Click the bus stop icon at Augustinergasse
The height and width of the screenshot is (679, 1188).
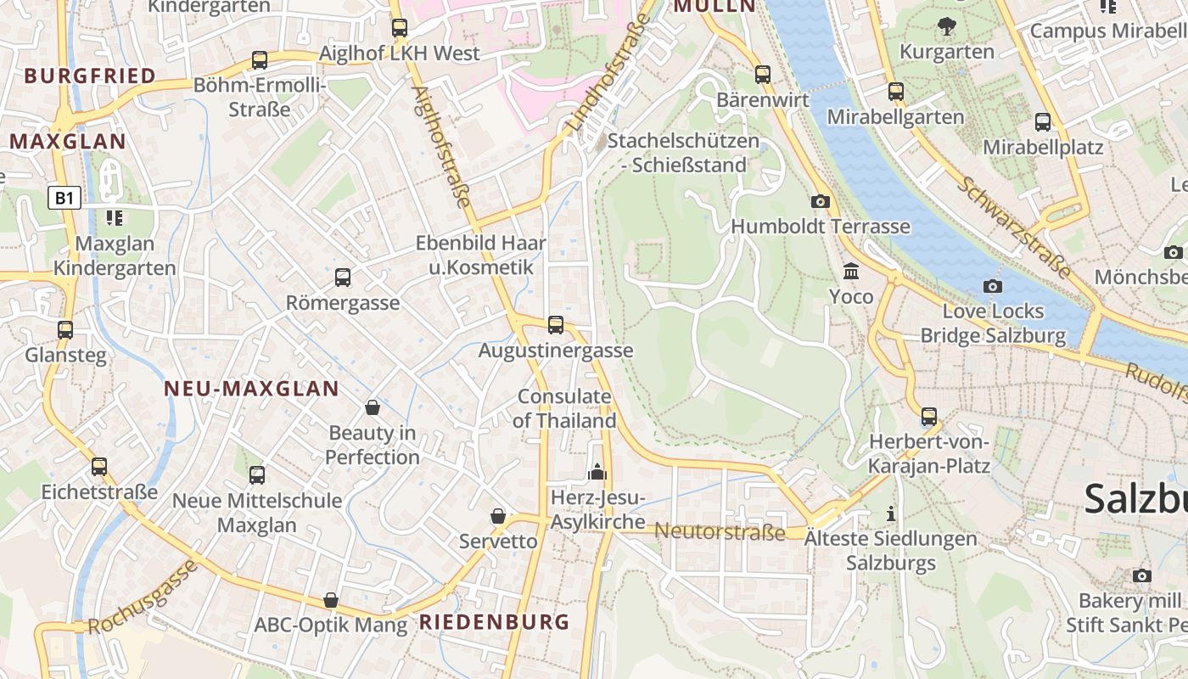(x=556, y=324)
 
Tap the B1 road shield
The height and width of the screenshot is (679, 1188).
(x=64, y=199)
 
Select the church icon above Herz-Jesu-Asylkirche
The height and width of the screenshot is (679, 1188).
(x=597, y=472)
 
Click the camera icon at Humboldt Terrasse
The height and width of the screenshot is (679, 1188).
(x=820, y=201)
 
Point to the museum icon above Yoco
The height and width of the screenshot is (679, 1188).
(x=850, y=272)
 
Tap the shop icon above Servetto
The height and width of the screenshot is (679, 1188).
(x=498, y=516)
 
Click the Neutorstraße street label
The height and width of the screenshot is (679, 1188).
(x=720, y=532)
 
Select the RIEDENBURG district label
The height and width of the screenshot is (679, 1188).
(x=495, y=622)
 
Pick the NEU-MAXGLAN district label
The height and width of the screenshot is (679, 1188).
(x=251, y=389)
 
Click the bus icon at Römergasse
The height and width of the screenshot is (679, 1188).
(x=343, y=277)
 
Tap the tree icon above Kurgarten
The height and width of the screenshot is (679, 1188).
(x=946, y=26)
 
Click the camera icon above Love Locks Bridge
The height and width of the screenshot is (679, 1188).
(x=992, y=286)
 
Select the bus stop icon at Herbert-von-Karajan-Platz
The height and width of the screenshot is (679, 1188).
(x=929, y=417)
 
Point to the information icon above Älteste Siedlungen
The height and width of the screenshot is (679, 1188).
(x=890, y=513)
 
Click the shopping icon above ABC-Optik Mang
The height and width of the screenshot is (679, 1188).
(x=331, y=601)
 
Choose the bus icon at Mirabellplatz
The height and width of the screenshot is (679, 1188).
(x=1043, y=122)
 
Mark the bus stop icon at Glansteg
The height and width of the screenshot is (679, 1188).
(x=65, y=329)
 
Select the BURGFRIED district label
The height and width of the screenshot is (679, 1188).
(x=90, y=76)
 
